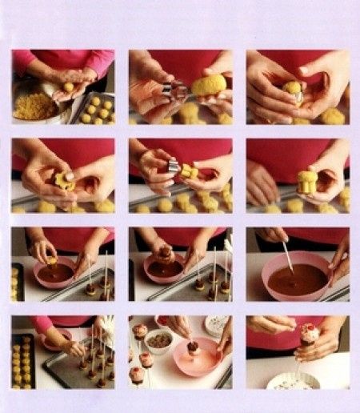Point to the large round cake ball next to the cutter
(207, 85)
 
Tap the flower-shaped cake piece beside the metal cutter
(190, 170)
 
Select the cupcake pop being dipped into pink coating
(192, 347)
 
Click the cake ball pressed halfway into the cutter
(294, 90)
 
